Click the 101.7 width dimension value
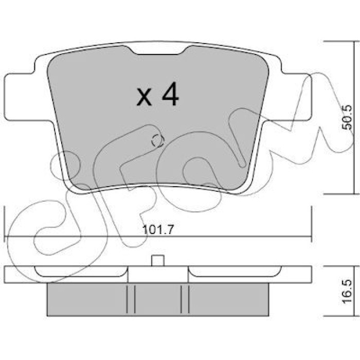point(158,229)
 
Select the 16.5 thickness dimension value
point(346,291)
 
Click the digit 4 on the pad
point(170,94)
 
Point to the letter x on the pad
point(144,98)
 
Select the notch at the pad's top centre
point(158,50)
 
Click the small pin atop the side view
point(158,261)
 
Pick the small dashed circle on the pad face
point(157,140)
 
